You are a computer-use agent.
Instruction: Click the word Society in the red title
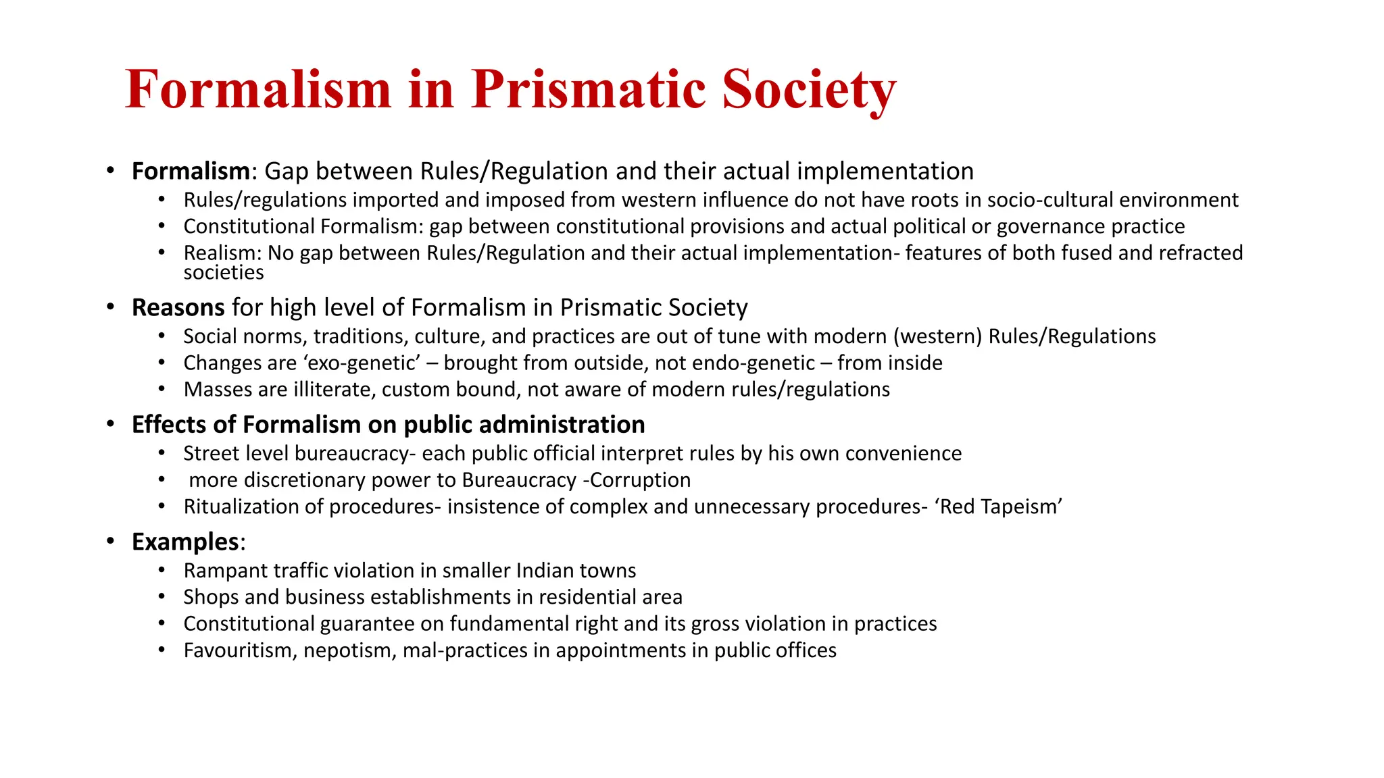pyautogui.click(x=808, y=90)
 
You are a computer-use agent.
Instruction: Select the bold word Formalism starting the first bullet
pyautogui.click(x=191, y=172)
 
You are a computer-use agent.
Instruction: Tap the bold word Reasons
pyautogui.click(x=178, y=308)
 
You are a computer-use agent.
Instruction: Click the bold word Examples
pyautogui.click(x=185, y=542)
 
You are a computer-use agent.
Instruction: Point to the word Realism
pyautogui.click(x=221, y=253)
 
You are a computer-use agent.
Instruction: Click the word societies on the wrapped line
pyautogui.click(x=223, y=273)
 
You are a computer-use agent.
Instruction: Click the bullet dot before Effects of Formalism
pyautogui.click(x=110, y=425)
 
